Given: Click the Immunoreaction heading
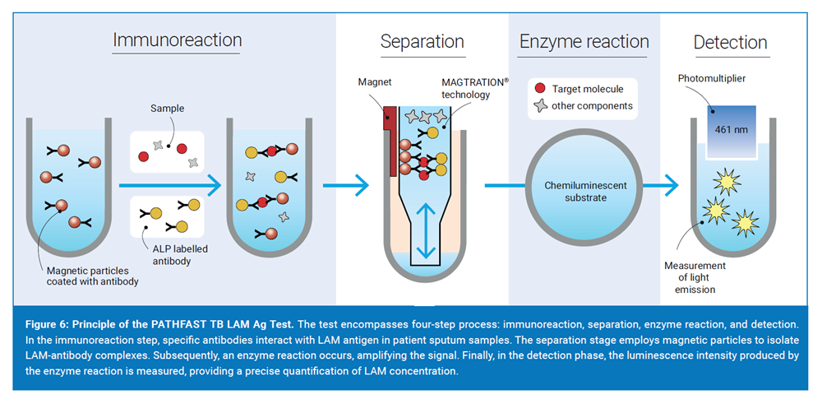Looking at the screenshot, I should click(177, 39).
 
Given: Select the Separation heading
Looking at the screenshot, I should click(422, 41).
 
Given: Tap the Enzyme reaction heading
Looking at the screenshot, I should click(584, 41).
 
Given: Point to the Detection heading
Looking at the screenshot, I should click(730, 42).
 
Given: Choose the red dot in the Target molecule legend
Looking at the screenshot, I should click(539, 89).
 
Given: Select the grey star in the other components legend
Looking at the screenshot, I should click(539, 106).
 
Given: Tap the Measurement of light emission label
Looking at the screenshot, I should click(695, 277).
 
